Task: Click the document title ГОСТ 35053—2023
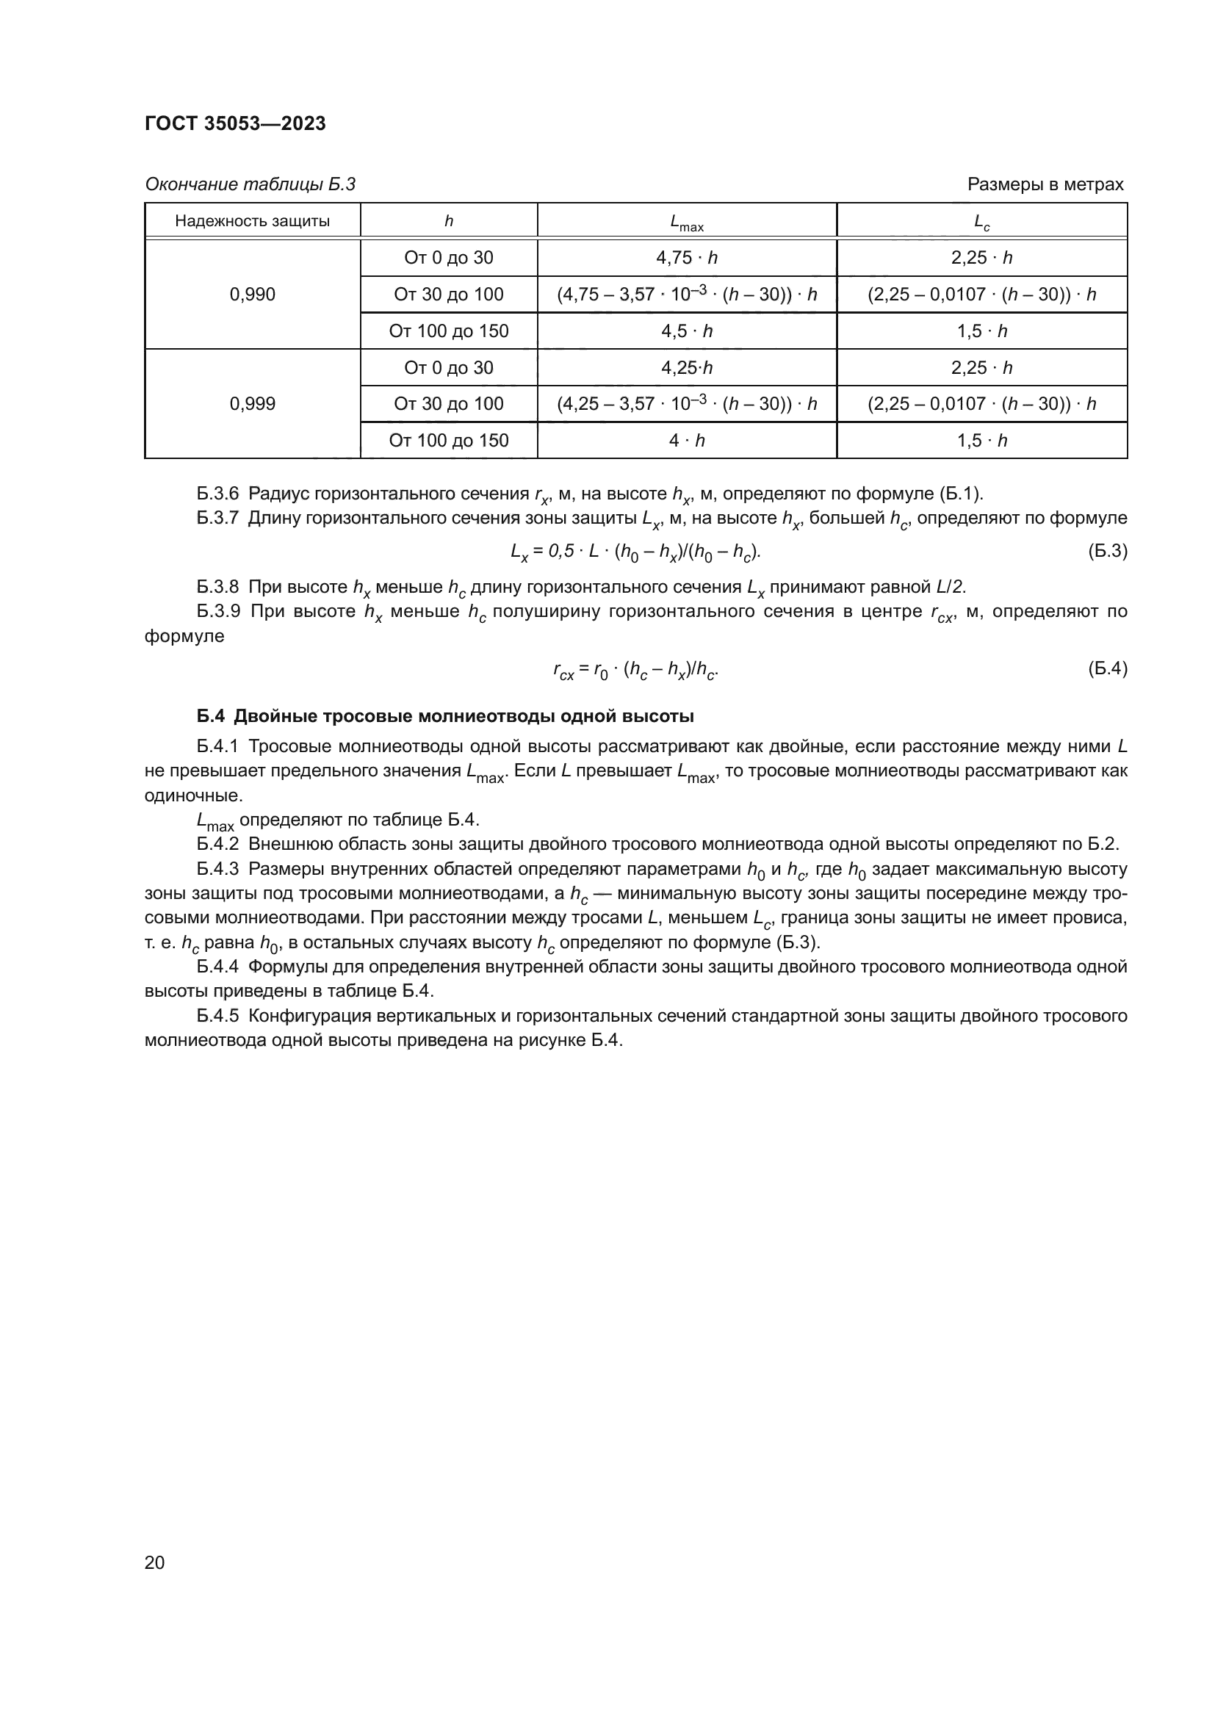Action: pos(235,124)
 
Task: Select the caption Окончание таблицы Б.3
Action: pos(250,184)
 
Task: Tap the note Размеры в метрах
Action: pos(1045,184)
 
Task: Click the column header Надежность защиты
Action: pos(252,221)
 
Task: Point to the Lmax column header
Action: pos(686,223)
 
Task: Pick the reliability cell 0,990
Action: pos(252,294)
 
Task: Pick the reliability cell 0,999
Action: pos(252,404)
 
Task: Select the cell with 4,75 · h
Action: pos(686,257)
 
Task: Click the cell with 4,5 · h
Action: pos(686,331)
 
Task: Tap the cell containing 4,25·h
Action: pos(686,367)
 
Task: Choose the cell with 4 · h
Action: pos(686,441)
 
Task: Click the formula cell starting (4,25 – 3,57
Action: pos(686,404)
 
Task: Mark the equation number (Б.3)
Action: pos(1106,552)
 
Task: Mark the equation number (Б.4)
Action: pos(1106,669)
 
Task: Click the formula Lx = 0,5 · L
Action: pos(635,552)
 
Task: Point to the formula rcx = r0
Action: pos(635,671)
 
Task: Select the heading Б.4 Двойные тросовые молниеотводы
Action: pos(445,716)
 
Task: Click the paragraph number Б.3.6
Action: pos(217,493)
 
